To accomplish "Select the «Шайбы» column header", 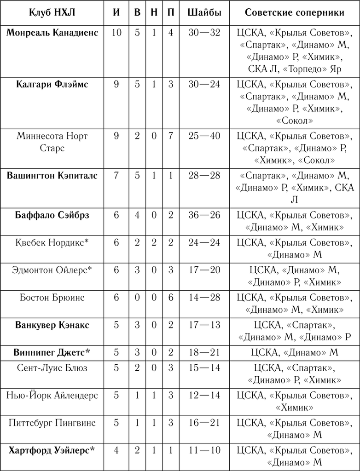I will pos(204,13).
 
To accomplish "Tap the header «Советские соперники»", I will pos(295,13).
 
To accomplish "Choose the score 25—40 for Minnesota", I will pos(204,136).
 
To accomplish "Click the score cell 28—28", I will pos(204,176).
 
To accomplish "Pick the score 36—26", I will pos(204,215).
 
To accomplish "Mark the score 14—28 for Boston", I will pos(204,298).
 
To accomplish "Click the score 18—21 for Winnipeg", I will pos(204,353).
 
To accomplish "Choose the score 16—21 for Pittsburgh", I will pos(204,423).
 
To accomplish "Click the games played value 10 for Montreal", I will pos(116,33).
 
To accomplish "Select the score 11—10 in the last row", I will pos(204,451).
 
